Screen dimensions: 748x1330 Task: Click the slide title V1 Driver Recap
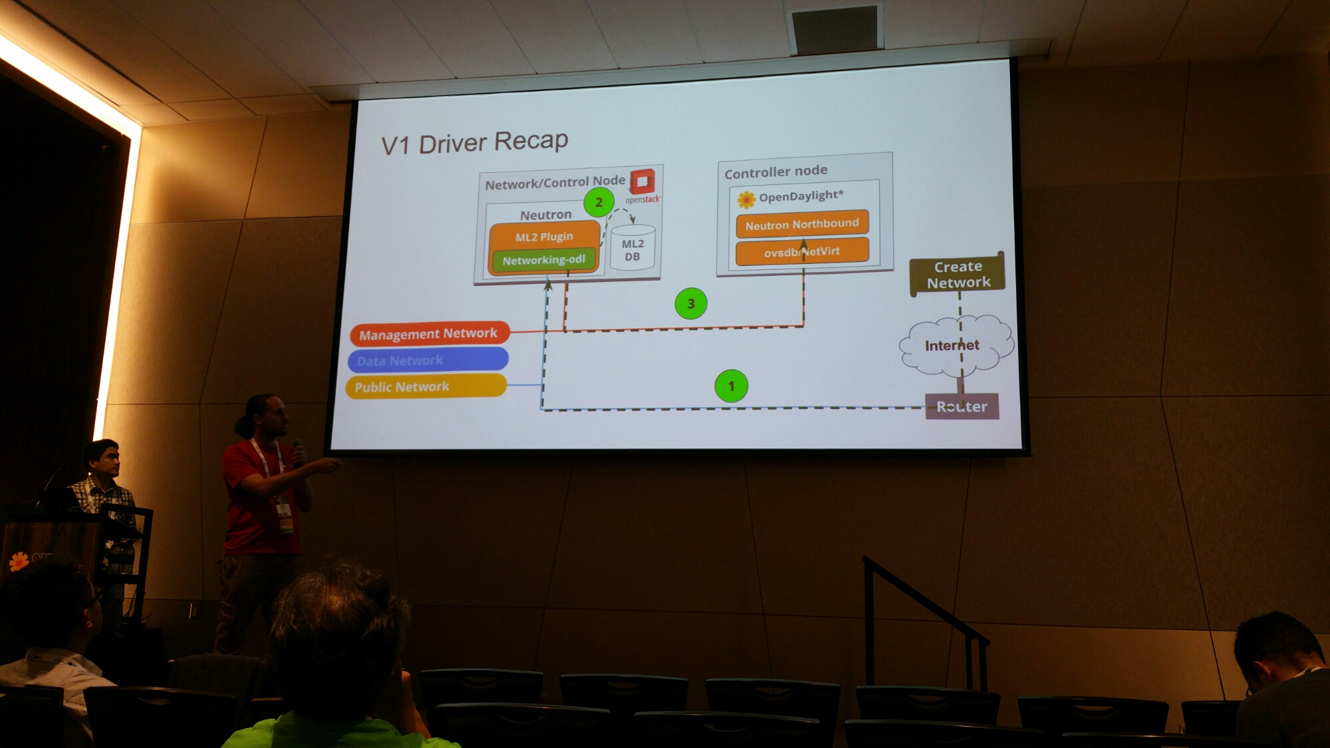[x=474, y=142]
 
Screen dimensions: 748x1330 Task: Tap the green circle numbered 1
[x=731, y=386]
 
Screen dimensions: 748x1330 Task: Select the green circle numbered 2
[x=598, y=202]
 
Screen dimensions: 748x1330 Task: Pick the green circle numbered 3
[x=690, y=304]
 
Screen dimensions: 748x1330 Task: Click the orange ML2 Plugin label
[x=544, y=237]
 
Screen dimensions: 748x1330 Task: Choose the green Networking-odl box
[x=543, y=260]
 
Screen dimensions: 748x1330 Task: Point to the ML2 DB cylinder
[x=632, y=249]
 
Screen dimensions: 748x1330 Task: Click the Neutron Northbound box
[x=802, y=224]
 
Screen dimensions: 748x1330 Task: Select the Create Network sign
[x=958, y=275]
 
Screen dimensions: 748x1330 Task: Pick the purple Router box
[x=962, y=406]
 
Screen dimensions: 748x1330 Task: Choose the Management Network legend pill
[x=429, y=334]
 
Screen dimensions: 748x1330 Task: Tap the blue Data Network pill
[x=428, y=360]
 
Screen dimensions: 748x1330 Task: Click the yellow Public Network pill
[x=426, y=386]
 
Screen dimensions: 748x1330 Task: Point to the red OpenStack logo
[x=642, y=181]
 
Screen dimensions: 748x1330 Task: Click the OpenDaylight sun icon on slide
[x=746, y=199]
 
